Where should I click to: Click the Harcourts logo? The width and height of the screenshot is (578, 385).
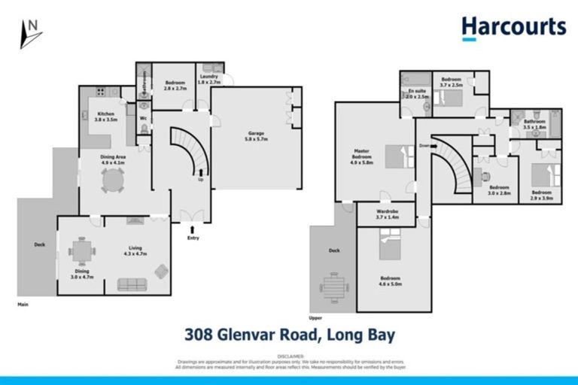tap(513, 28)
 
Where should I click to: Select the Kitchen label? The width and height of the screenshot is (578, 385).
tap(106, 117)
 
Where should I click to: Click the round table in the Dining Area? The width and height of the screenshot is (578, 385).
tap(113, 179)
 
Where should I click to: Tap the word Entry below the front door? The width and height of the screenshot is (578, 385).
tap(193, 238)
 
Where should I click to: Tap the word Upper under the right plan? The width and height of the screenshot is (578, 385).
tap(316, 317)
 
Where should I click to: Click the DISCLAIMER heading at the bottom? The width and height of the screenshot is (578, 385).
tap(289, 356)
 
